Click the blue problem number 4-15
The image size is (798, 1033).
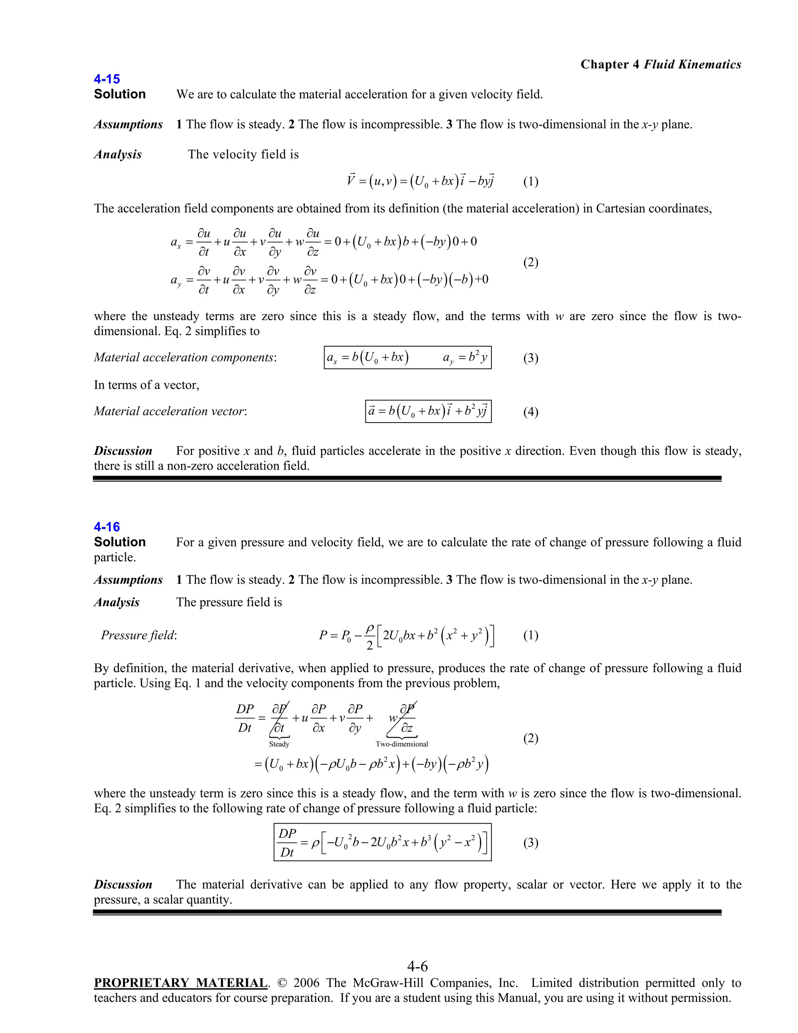(107, 79)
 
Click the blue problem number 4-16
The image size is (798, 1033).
(107, 527)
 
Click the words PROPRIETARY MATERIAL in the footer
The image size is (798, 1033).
(180, 983)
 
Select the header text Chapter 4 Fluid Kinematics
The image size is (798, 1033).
(660, 64)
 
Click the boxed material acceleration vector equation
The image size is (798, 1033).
(428, 411)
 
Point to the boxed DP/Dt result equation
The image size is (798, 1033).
(383, 842)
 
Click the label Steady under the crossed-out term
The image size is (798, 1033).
(279, 744)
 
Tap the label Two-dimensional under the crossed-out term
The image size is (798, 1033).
(402, 744)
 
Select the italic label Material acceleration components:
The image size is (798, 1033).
(185, 357)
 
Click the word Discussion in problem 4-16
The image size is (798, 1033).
(123, 884)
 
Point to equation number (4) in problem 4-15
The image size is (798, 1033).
(530, 412)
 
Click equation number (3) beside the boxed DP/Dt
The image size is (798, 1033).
(530, 842)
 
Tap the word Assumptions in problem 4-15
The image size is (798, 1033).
(128, 124)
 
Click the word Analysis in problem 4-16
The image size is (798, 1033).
(117, 602)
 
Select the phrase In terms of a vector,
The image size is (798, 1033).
(147, 385)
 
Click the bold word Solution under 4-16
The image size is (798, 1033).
(120, 542)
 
